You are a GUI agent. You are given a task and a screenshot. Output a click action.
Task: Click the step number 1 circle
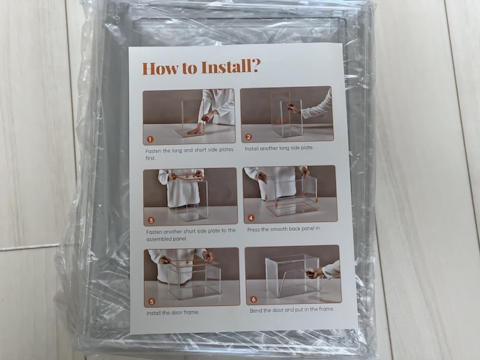tap(150, 139)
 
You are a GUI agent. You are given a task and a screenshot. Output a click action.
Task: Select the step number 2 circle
tap(248, 137)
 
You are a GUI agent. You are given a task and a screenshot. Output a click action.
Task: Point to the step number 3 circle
tap(151, 220)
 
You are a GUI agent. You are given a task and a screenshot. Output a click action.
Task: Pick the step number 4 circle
tap(251, 218)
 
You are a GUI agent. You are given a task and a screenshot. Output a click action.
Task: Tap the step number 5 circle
tap(151, 301)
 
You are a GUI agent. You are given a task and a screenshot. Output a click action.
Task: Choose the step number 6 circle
tap(253, 299)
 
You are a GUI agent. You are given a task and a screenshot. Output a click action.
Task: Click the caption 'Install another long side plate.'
tap(279, 148)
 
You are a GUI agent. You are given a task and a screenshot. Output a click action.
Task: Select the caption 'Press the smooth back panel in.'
tap(284, 229)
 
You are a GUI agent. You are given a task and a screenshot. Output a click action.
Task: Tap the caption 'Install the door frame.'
tap(172, 313)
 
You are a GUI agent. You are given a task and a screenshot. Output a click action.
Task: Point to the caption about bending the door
tap(292, 310)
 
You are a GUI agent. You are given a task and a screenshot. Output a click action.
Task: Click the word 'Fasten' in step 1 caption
tap(153, 151)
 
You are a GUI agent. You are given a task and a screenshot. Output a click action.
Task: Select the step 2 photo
tap(286, 114)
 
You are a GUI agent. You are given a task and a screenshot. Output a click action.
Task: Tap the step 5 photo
tap(192, 277)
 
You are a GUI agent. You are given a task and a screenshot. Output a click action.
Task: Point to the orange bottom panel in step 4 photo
tap(292, 208)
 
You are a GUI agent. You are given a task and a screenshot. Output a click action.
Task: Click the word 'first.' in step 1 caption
tap(151, 158)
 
